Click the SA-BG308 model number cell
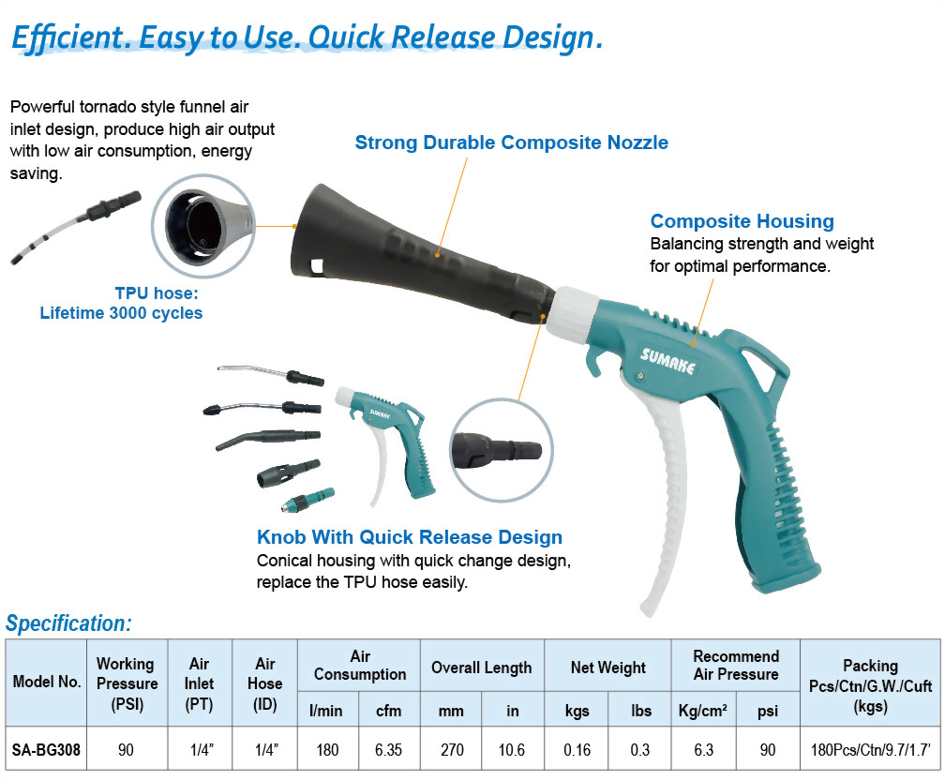click(x=47, y=750)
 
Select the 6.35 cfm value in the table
click(x=389, y=750)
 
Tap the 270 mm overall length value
click(x=452, y=750)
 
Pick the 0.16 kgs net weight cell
click(x=577, y=750)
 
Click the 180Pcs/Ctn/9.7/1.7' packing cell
click(x=871, y=750)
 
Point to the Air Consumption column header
click(x=360, y=666)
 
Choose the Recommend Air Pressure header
click(x=736, y=666)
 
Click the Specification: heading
click(x=68, y=623)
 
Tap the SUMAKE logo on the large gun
click(x=667, y=360)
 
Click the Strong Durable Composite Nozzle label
click(x=512, y=143)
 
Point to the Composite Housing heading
click(x=742, y=221)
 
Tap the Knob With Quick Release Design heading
click(x=410, y=537)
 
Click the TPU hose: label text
click(x=157, y=293)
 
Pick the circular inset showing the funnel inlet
click(x=203, y=226)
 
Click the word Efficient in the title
click(x=67, y=38)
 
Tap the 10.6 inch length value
click(x=512, y=750)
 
